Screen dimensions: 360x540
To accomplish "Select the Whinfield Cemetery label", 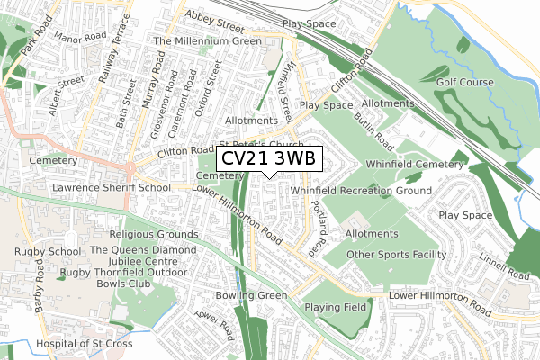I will (415, 165).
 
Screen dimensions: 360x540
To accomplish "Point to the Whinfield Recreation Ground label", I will (361, 191).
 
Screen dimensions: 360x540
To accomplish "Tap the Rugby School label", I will (40, 250).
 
